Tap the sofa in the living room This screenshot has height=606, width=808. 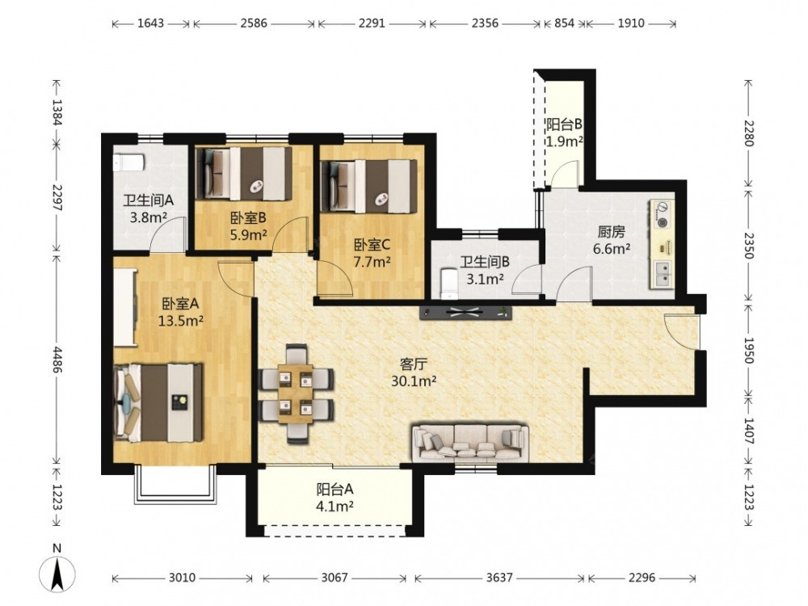tap(470, 442)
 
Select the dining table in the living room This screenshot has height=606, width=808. tap(296, 393)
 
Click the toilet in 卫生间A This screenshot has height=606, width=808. tap(128, 163)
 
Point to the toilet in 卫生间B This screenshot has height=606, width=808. tap(449, 284)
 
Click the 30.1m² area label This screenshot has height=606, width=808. tap(414, 381)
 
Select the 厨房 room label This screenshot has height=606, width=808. tap(611, 231)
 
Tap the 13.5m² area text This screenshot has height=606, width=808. tap(180, 321)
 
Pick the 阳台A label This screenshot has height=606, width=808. tap(335, 489)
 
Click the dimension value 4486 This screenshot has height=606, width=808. tap(57, 360)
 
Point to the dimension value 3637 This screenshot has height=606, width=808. tap(499, 578)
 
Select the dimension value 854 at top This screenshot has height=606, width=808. tap(564, 23)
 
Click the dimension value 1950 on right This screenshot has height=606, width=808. tap(749, 351)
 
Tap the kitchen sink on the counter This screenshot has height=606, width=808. tap(663, 274)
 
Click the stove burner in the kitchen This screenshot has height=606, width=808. tap(661, 214)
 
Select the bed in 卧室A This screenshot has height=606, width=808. tap(158, 402)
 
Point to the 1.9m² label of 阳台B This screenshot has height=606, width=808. tap(565, 141)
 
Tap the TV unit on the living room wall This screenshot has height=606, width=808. tap(466, 313)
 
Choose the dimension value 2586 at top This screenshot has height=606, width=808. tap(254, 23)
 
